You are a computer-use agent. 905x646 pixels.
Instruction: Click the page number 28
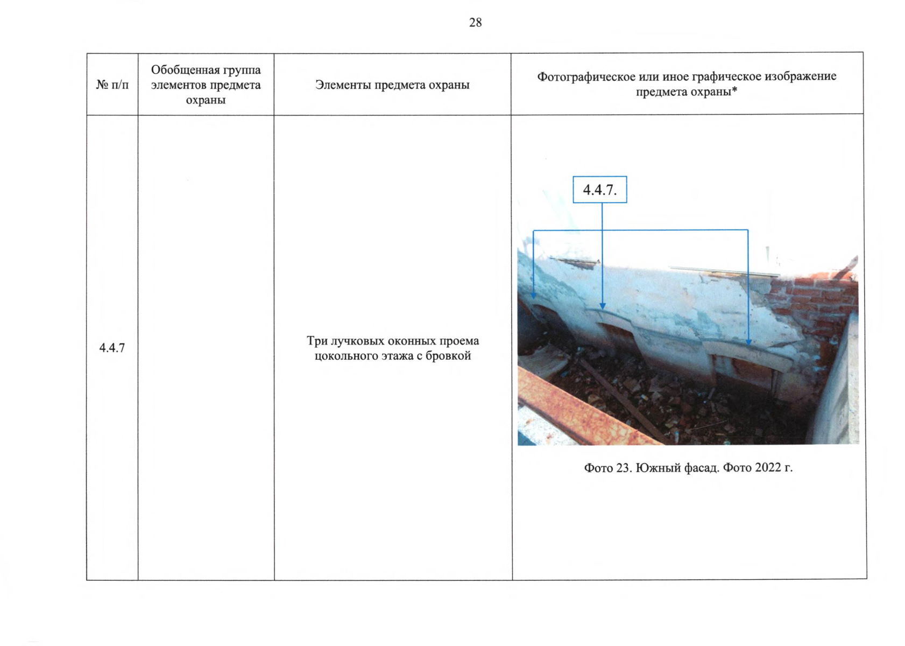coord(475,22)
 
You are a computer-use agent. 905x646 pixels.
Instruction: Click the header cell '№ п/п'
coord(112,85)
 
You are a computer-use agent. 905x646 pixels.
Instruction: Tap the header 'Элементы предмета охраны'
coord(392,85)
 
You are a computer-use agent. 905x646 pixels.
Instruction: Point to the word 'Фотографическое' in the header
coord(586,77)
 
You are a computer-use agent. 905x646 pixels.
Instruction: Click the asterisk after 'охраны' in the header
coord(734,90)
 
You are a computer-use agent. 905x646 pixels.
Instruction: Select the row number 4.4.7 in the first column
coord(112,348)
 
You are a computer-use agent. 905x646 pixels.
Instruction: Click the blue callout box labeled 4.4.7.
coord(599,189)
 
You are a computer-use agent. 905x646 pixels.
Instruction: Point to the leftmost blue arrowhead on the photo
coord(533,296)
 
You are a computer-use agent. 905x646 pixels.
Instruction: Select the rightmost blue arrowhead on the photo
coord(748,342)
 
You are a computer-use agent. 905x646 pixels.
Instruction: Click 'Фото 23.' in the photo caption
coord(608,468)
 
